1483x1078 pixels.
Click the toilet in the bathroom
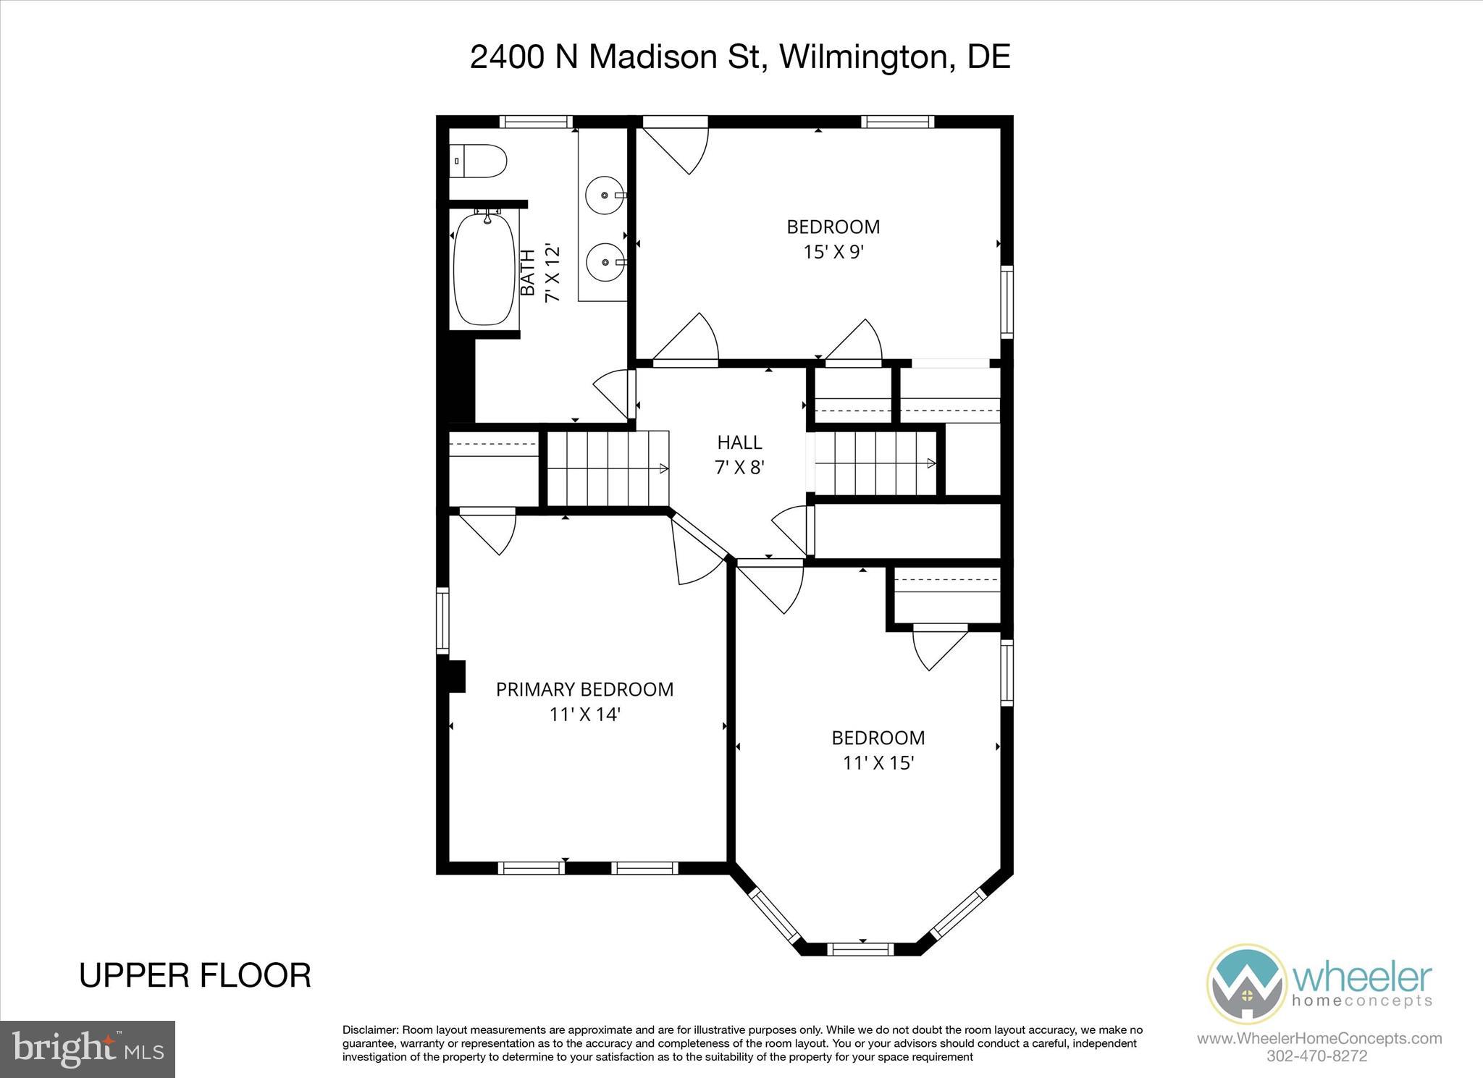(x=479, y=161)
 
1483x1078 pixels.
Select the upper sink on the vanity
(x=605, y=195)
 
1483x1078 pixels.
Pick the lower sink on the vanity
(x=605, y=263)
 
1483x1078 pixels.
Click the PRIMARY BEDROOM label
(x=584, y=689)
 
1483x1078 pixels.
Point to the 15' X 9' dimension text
(x=833, y=252)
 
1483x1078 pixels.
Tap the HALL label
(x=739, y=442)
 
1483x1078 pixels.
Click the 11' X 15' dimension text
(x=878, y=763)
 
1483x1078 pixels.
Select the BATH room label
(x=529, y=272)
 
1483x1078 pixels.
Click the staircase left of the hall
(x=607, y=468)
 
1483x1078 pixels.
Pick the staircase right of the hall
(x=875, y=463)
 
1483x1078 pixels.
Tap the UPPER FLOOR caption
(x=195, y=975)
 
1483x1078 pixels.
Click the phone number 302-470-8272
(x=1317, y=1056)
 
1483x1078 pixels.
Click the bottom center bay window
(x=860, y=948)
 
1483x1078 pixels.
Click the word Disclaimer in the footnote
(x=370, y=1030)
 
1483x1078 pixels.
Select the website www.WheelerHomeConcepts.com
(x=1319, y=1039)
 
